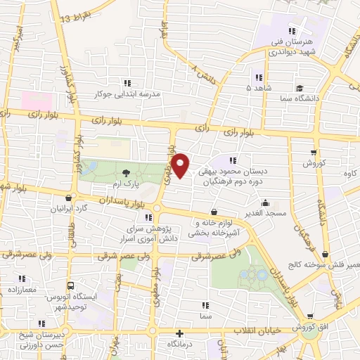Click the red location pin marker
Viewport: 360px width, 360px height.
coord(181,165)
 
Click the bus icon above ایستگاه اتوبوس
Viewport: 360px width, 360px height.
coord(70,286)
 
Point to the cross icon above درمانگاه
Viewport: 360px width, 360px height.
coord(179,333)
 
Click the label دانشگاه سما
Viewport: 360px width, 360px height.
coord(299,98)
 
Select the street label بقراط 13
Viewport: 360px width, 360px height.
coord(76,15)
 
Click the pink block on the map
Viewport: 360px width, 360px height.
coord(37,100)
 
